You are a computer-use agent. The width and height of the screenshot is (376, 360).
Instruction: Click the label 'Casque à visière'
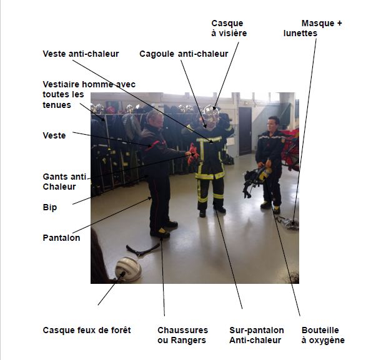tap(229, 28)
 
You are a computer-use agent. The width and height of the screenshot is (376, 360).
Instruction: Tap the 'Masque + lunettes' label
tap(312, 28)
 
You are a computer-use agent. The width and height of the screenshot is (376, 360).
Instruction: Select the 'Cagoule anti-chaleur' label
tap(184, 54)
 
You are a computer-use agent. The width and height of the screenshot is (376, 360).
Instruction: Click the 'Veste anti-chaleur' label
tap(81, 54)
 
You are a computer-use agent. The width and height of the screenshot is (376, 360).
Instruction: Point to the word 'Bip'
tap(50, 207)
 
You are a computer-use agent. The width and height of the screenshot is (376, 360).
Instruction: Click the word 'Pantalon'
tap(61, 238)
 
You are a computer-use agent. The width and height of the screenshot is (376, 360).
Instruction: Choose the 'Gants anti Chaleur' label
tap(64, 182)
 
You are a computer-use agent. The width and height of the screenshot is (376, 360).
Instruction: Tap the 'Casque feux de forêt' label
tap(87, 330)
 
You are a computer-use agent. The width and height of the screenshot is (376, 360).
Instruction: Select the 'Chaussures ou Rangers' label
tap(183, 335)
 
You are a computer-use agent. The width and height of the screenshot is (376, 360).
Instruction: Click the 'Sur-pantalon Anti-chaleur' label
tap(257, 335)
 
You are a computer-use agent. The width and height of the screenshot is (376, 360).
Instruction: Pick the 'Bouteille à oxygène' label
tap(323, 335)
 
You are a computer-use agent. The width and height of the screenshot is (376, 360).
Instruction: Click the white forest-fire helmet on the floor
tap(128, 269)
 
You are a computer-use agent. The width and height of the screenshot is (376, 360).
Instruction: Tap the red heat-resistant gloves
tap(193, 153)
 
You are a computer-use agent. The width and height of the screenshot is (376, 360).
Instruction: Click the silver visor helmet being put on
tap(211, 114)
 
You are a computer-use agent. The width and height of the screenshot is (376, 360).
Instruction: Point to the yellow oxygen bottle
tap(265, 173)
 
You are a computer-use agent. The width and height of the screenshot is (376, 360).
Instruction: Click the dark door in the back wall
tap(245, 131)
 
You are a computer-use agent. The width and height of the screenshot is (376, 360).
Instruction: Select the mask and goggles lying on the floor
tap(289, 223)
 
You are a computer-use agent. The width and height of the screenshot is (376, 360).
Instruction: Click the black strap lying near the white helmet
tap(142, 249)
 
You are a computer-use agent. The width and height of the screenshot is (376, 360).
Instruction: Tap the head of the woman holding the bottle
tap(274, 124)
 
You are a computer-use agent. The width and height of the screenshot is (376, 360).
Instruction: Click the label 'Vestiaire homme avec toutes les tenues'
tap(89, 95)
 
